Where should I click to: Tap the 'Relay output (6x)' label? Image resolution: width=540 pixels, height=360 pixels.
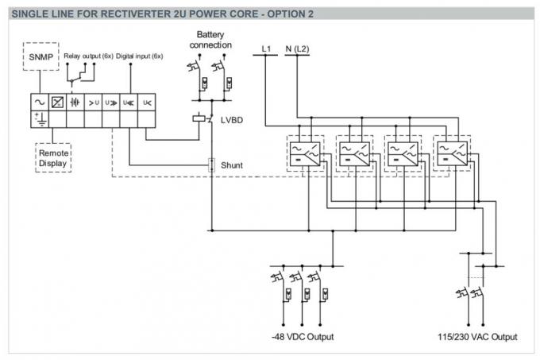[87, 56]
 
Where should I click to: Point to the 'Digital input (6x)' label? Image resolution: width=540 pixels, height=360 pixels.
[140, 56]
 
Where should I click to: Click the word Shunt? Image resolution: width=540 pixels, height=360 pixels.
[233, 165]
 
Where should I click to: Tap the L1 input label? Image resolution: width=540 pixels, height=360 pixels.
[267, 49]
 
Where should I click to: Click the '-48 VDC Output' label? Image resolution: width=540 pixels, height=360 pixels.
[303, 337]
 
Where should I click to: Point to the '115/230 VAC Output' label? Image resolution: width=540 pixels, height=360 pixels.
[477, 337]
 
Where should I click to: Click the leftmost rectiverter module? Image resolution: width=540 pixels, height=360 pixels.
[305, 153]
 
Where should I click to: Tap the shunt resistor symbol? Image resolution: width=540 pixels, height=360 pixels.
[211, 165]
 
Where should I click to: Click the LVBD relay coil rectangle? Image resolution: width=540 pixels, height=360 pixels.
[199, 118]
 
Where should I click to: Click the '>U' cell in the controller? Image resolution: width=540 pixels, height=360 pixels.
[93, 103]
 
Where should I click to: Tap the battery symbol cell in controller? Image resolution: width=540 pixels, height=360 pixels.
[75, 103]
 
